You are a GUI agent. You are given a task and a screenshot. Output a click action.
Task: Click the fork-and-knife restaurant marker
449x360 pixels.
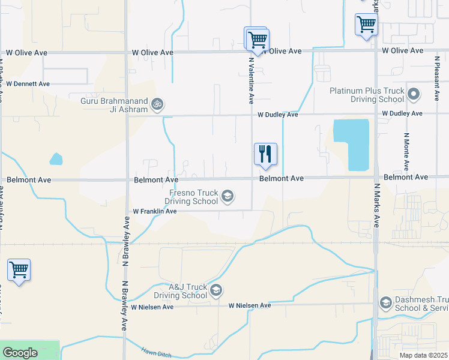(x=265, y=154)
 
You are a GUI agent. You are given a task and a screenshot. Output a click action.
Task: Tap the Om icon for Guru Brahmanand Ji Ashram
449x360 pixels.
(x=157, y=104)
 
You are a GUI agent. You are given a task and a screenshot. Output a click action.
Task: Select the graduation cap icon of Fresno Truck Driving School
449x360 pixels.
(x=228, y=196)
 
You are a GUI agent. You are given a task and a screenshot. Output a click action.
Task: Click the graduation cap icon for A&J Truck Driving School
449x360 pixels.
(x=216, y=291)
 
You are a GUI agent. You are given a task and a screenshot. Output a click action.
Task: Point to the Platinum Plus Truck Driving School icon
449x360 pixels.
(x=414, y=94)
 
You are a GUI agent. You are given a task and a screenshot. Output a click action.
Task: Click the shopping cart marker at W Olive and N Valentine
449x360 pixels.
(x=258, y=40)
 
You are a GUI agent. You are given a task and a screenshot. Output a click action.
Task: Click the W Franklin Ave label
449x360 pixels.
(x=155, y=211)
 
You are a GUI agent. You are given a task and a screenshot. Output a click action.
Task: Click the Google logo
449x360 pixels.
(x=20, y=353)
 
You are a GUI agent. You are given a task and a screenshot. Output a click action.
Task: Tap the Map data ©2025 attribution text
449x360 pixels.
(x=423, y=355)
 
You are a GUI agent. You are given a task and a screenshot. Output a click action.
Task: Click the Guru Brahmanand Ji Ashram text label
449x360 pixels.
(x=114, y=105)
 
